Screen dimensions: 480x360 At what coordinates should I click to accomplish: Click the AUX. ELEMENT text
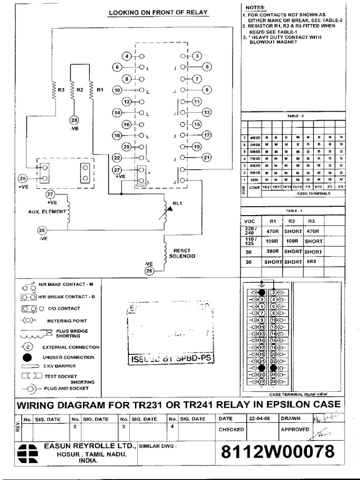coord(46,212)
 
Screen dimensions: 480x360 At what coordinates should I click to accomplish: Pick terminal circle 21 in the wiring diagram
coord(207,158)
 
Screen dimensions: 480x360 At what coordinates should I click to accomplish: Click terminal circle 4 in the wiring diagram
coord(127,57)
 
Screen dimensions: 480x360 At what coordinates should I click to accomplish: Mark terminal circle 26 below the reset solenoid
coord(150,271)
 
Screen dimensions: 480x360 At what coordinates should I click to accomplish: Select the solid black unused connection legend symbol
coord(28,357)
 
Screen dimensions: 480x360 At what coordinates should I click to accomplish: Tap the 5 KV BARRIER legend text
coord(59,366)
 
